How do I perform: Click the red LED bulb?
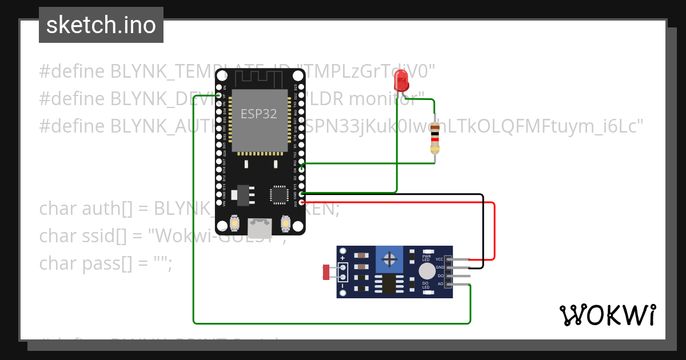tap(402, 81)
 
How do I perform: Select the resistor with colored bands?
tap(435, 138)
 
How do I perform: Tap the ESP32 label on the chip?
tap(258, 114)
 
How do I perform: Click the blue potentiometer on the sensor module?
tap(390, 260)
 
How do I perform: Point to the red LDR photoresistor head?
tap(326, 272)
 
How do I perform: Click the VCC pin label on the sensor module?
tap(440, 259)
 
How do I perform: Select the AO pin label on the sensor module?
tap(440, 283)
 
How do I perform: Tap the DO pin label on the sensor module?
tap(440, 275)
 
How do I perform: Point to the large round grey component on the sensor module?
tap(426, 271)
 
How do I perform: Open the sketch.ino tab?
tap(101, 25)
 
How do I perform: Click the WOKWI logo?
tap(608, 315)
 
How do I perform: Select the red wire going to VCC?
tap(494, 229)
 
